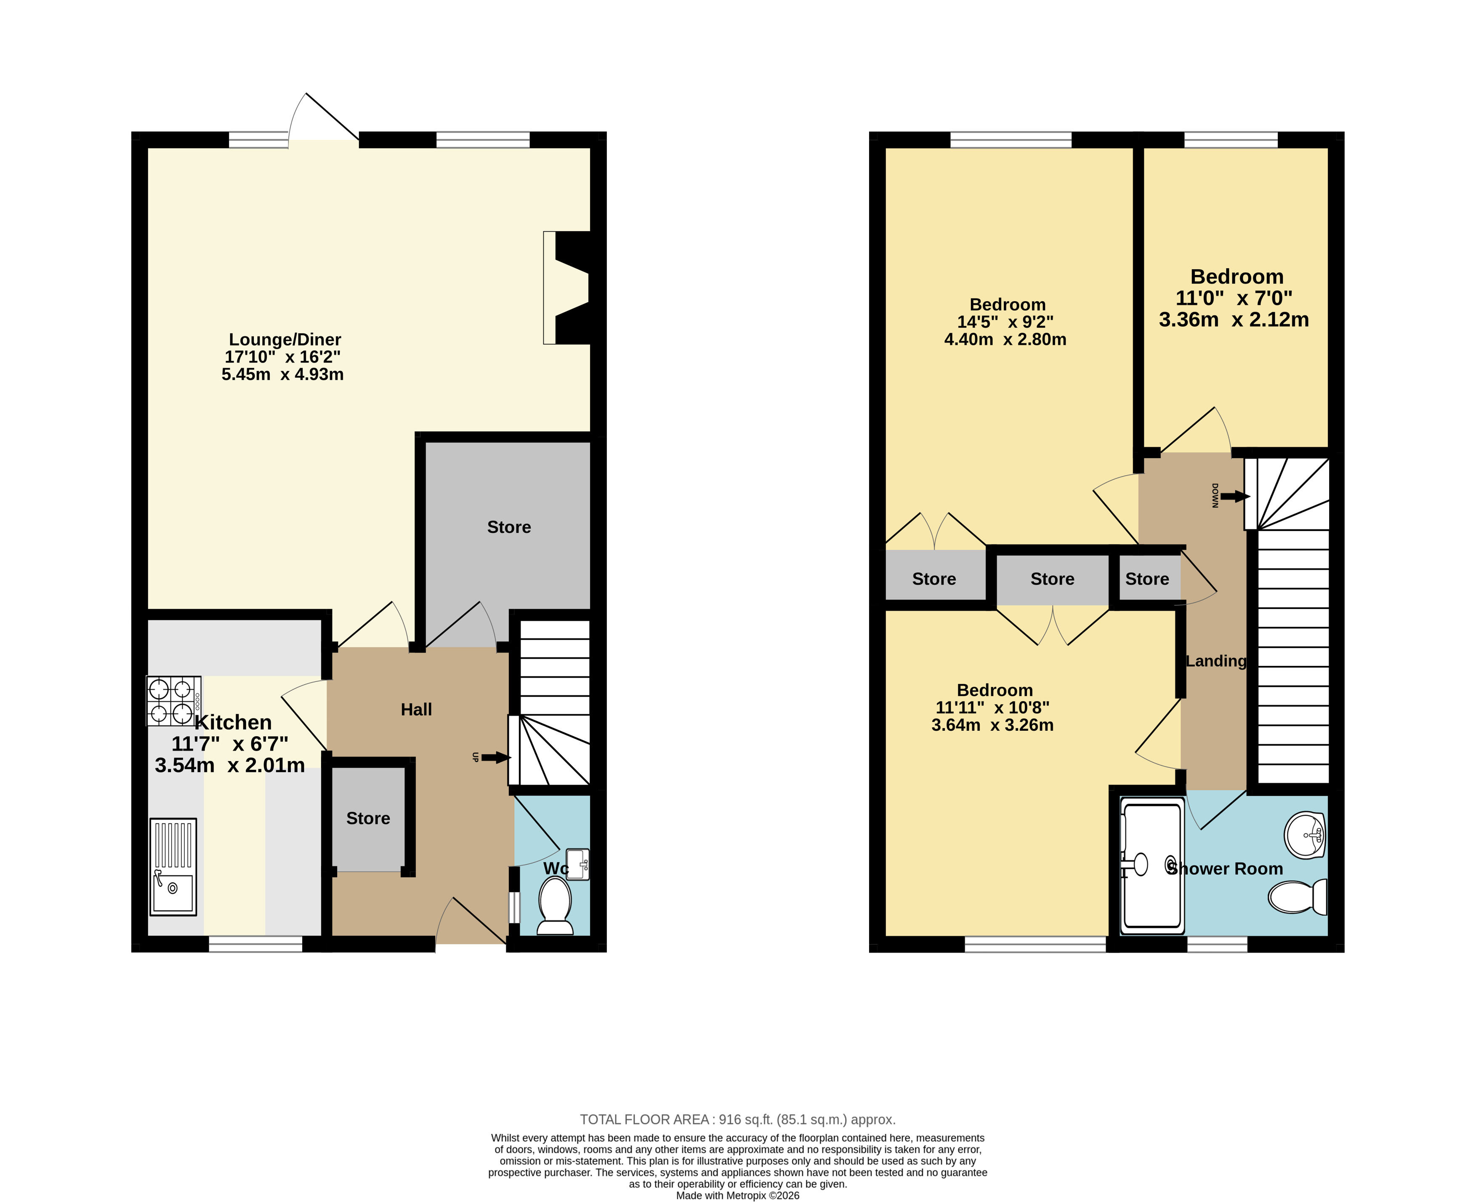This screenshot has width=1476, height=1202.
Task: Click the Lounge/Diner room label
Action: (x=285, y=340)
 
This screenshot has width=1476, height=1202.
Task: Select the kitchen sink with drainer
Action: (x=173, y=867)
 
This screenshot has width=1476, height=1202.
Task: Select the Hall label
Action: (x=417, y=710)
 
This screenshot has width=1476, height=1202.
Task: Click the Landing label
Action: (x=1216, y=661)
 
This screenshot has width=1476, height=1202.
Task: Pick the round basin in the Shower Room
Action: (x=1304, y=835)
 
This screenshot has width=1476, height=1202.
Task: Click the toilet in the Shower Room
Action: (x=1298, y=897)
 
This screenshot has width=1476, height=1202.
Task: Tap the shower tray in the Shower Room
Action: (x=1152, y=865)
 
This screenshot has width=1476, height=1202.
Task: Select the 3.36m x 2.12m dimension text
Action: (x=1234, y=320)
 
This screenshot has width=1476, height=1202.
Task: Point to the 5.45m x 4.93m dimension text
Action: (x=282, y=374)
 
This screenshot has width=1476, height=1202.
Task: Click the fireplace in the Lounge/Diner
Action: (x=567, y=287)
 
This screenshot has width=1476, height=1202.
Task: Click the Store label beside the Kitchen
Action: (x=368, y=818)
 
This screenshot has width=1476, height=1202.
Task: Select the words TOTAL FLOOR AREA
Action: (x=644, y=1119)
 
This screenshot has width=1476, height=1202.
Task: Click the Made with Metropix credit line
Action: (x=738, y=1196)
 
